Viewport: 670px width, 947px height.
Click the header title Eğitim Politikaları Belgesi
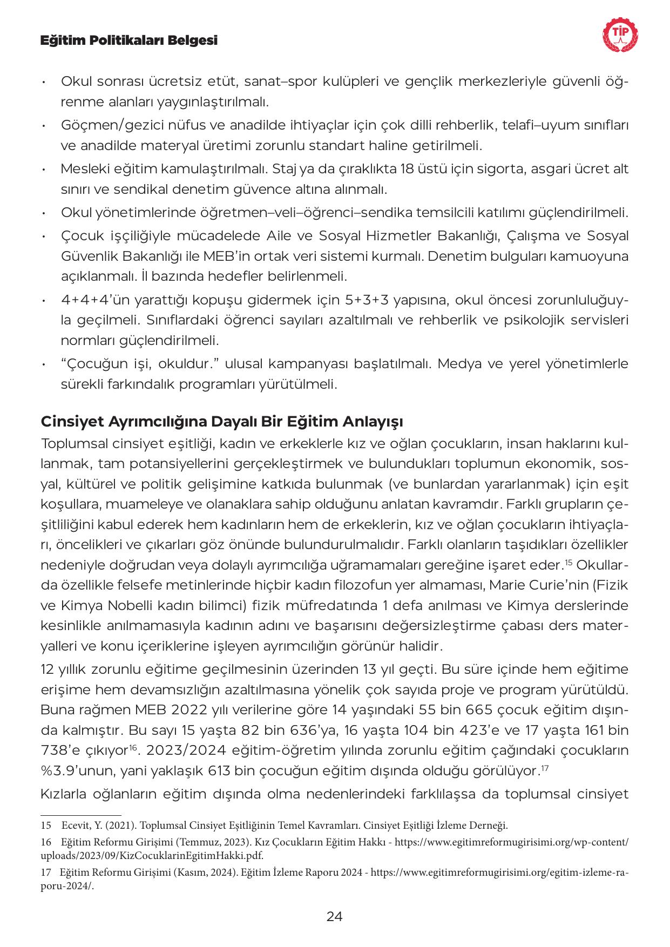pyautogui.click(x=129, y=40)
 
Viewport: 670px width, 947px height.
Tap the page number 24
pyautogui.click(x=335, y=916)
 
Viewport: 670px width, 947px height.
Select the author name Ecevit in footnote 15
pyautogui.click(x=74, y=826)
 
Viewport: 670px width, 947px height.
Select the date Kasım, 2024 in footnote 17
pyautogui.click(x=210, y=872)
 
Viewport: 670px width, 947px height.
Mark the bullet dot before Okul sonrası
pyautogui.click(x=43, y=83)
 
